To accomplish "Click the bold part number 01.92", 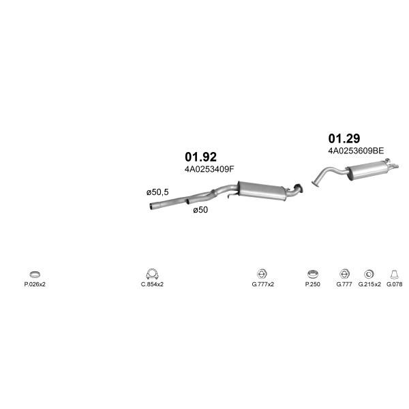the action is click(200, 157).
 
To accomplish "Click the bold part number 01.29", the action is click(344, 138).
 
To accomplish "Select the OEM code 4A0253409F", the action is click(209, 169).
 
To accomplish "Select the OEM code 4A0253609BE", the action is click(356, 151).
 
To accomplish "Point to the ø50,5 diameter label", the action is click(157, 192).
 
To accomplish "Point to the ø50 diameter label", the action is click(200, 210).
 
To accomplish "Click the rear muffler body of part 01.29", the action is click(367, 170).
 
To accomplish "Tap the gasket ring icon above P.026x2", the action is click(35, 274).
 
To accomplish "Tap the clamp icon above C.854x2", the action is click(152, 274).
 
